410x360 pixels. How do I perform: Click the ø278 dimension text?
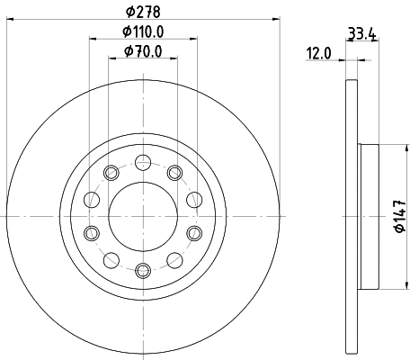pos(143,12)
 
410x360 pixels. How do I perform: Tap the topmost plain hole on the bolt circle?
pos(143,163)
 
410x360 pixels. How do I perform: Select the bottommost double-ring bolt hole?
pos(143,269)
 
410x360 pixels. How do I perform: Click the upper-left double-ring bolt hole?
pos(111,173)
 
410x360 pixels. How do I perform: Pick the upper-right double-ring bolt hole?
pos(174,173)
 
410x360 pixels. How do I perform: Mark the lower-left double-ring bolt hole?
pos(91,233)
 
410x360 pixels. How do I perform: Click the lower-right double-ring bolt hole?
pos(195,233)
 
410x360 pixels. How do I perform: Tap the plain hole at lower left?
pos(111,259)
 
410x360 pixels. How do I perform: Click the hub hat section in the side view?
pos(367,216)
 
